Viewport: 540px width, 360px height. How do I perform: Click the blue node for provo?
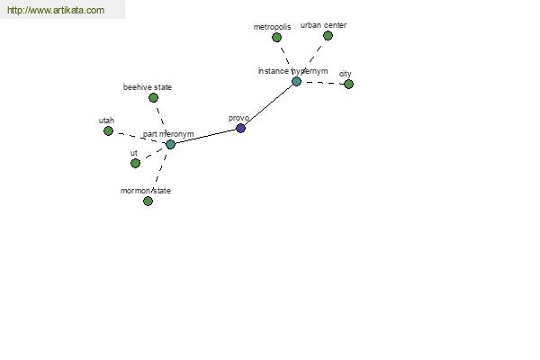[240, 128]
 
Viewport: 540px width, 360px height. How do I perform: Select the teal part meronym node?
[170, 144]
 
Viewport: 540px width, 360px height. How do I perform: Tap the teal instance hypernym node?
[296, 82]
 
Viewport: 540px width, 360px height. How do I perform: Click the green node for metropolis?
[276, 37]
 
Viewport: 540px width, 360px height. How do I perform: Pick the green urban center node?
[328, 35]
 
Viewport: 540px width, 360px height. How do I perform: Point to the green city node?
[348, 84]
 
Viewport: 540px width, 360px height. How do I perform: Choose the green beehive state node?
[153, 98]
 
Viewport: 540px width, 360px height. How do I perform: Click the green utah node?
[108, 130]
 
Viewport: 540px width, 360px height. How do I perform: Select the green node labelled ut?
[135, 163]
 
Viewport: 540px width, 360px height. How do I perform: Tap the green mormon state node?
[148, 201]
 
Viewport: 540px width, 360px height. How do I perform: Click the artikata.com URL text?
[56, 10]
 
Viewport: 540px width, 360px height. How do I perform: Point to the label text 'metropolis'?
[272, 27]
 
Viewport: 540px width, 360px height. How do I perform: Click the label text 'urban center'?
[323, 25]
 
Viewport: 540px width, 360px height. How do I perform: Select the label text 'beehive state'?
[148, 87]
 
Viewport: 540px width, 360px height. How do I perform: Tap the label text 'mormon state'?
[146, 191]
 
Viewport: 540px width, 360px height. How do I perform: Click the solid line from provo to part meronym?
[205, 137]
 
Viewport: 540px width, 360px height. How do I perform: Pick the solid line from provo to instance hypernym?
[268, 105]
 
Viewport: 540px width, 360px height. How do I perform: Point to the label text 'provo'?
[238, 118]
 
